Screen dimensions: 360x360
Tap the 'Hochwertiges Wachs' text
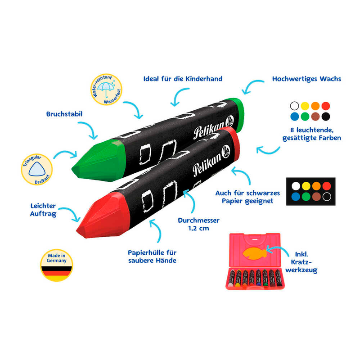[306, 79]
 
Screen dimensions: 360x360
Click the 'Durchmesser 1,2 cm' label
[198, 225]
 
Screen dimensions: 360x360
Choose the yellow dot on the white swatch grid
[305, 106]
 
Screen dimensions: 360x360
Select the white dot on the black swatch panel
[295, 185]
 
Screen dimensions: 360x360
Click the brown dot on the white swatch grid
[315, 117]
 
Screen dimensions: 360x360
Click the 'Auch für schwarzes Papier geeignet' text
[247, 197]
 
